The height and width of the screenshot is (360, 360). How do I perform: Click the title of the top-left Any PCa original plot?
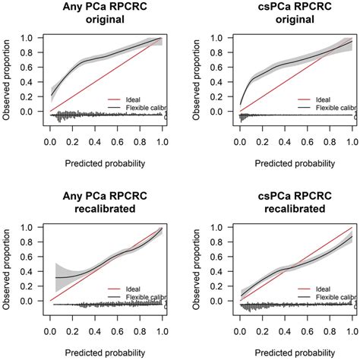tap(105, 14)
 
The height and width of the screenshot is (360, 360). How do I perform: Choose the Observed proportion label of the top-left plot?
tap(8, 75)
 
